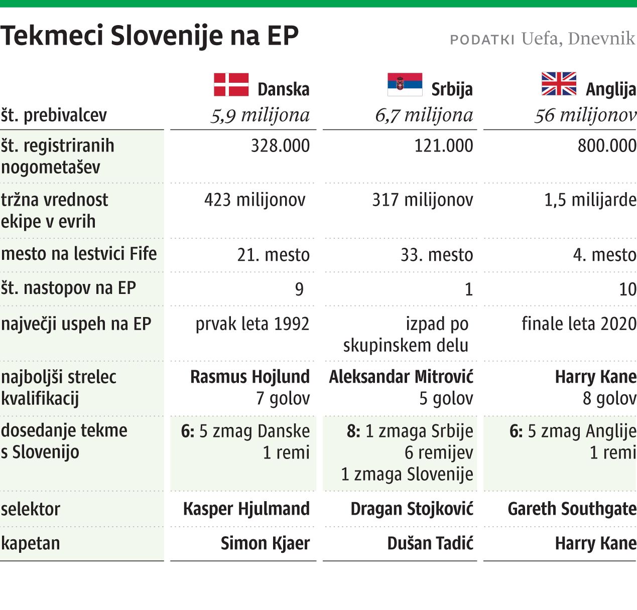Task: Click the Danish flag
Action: click(231, 84)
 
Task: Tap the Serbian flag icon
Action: click(405, 84)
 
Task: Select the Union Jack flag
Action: click(559, 84)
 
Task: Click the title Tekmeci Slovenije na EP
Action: click(150, 36)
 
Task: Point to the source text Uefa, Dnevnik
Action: click(578, 39)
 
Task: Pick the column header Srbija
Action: click(452, 89)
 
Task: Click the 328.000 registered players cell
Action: click(280, 146)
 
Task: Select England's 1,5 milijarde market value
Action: click(590, 200)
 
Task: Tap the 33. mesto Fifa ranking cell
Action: click(436, 255)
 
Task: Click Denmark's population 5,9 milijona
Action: click(260, 115)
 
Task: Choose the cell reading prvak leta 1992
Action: click(252, 324)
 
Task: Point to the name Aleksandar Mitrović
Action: click(401, 377)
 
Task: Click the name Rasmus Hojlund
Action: click(249, 377)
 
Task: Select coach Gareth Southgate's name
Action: click(572, 509)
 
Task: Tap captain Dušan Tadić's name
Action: click(430, 543)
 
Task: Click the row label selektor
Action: click(31, 509)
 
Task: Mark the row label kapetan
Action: click(31, 543)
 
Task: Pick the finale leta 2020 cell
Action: click(579, 324)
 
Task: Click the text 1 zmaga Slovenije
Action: click(407, 474)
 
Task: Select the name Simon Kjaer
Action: click(265, 543)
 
